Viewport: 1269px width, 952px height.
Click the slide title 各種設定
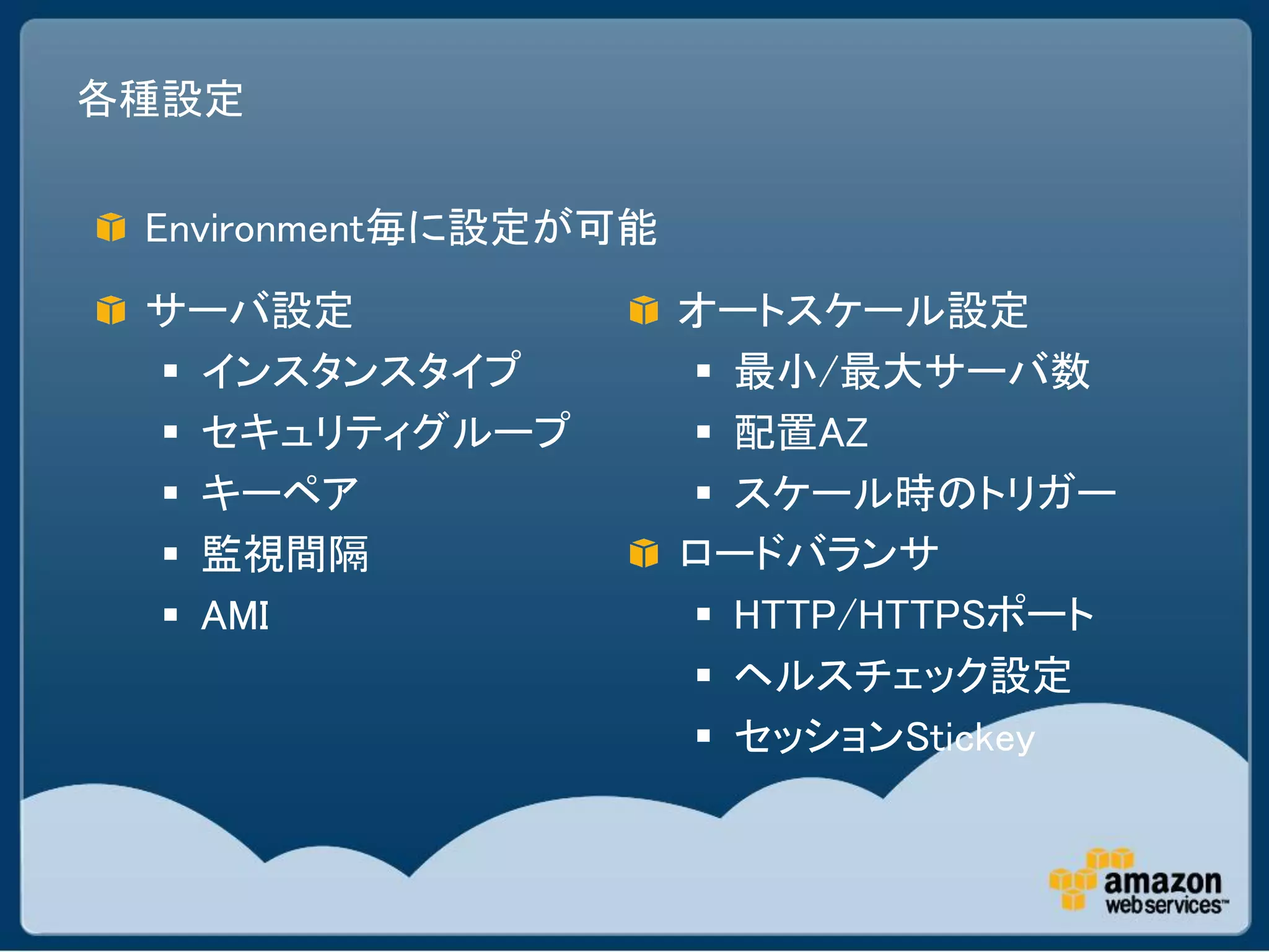tap(160, 99)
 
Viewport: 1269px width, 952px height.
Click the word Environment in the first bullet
tap(254, 228)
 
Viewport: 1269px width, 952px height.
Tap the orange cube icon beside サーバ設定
tap(111, 310)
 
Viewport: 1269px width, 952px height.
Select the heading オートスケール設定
tap(853, 310)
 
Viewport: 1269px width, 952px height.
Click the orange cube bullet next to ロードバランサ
tap(644, 553)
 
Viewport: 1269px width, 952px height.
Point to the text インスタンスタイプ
tap(361, 371)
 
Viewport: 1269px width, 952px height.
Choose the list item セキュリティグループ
tap(385, 431)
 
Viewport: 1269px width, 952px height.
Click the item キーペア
tap(280, 493)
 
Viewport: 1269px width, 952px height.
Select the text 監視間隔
tap(285, 553)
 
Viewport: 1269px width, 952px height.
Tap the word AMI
tap(235, 615)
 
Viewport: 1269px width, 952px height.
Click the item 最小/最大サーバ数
tap(911, 371)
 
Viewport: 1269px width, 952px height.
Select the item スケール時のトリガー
tap(924, 493)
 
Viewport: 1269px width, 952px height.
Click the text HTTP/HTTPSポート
tap(914, 614)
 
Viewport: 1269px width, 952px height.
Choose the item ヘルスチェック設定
tap(902, 675)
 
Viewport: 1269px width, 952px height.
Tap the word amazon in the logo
tap(1162, 881)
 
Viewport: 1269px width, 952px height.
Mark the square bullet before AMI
tap(171, 615)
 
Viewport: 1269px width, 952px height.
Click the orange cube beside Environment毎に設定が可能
tap(111, 227)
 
